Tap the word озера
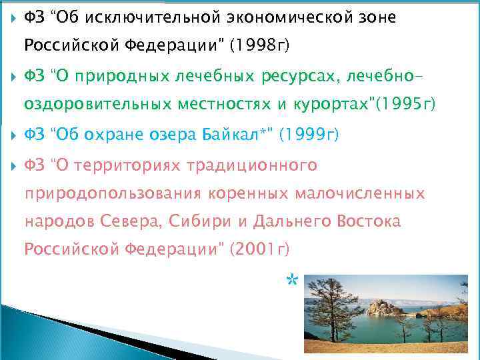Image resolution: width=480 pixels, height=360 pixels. click(x=178, y=135)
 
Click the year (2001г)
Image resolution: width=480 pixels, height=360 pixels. click(x=259, y=249)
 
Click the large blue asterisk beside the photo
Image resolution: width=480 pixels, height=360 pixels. click(x=291, y=281)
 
